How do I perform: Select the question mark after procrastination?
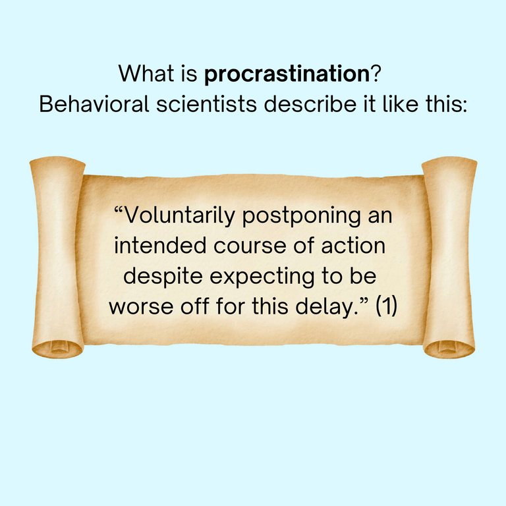click(x=374, y=74)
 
